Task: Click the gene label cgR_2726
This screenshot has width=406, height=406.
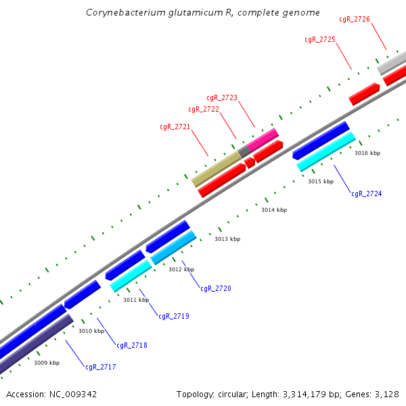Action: [354, 20]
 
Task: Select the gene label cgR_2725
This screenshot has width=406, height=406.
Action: [320, 40]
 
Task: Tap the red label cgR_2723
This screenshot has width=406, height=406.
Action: [222, 98]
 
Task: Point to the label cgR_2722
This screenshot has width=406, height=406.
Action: [204, 110]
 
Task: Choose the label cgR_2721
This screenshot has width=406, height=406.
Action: [175, 127]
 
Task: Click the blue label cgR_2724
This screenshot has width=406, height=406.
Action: [366, 194]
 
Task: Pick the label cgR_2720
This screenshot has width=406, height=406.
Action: [216, 289]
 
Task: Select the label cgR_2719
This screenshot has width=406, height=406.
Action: [174, 317]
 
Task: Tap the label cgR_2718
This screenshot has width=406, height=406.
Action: [132, 346]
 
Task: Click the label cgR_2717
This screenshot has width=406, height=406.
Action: [101, 367]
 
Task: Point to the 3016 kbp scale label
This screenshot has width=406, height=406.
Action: [367, 154]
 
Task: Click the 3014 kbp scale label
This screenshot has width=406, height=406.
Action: [274, 210]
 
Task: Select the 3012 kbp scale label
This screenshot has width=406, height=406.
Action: [181, 270]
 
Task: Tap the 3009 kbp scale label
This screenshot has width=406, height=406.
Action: [47, 363]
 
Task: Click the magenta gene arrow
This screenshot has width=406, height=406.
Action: [264, 138]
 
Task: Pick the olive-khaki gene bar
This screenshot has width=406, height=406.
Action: [217, 168]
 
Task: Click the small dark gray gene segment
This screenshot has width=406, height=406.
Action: [244, 152]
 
